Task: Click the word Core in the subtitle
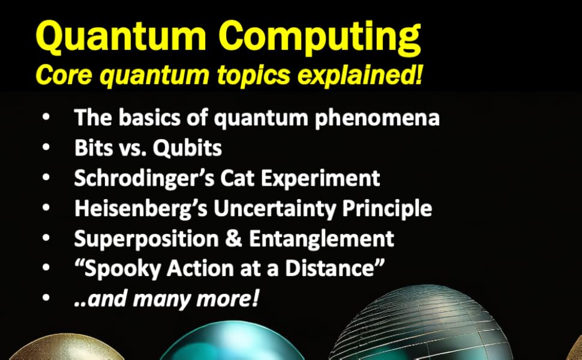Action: click(60, 76)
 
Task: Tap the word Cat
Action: click(233, 178)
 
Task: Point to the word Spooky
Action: click(120, 268)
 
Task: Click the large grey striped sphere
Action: click(426, 327)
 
